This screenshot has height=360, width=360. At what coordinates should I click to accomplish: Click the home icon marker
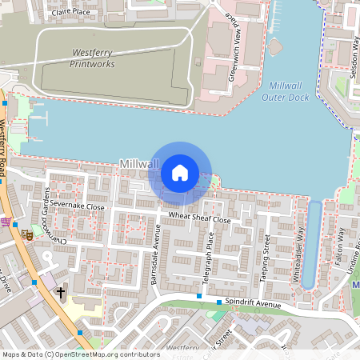pos(180,172)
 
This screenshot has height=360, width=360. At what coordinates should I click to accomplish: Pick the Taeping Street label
pos(265,262)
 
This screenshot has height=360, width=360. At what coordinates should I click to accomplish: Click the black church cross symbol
pos(61,292)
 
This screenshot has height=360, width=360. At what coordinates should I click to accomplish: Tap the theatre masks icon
pos(25,235)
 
